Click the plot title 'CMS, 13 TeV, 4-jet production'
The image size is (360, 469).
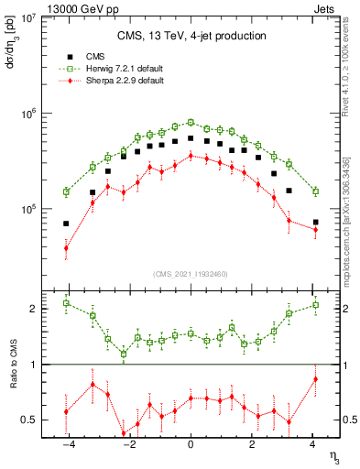click(191, 36)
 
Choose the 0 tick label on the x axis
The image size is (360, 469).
click(191, 444)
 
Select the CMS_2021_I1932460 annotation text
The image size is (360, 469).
click(191, 274)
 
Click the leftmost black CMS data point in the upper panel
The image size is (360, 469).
click(66, 224)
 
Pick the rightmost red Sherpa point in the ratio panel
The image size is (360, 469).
click(315, 379)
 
